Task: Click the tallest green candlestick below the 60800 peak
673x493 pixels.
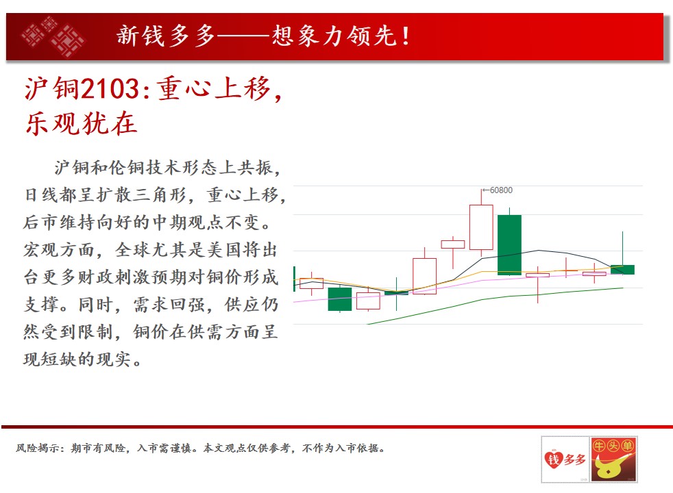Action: pyautogui.click(x=509, y=244)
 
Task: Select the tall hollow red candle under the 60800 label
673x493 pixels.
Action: pyautogui.click(x=481, y=227)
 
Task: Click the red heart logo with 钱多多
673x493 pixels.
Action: pyautogui.click(x=565, y=459)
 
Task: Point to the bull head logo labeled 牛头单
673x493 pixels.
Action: pyautogui.click(x=613, y=459)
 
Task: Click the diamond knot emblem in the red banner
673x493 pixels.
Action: pyautogui.click(x=53, y=36)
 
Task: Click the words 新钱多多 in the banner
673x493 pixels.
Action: pyautogui.click(x=166, y=36)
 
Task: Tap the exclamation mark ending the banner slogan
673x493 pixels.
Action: pyautogui.click(x=405, y=36)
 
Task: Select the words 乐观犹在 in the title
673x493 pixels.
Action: pyautogui.click(x=81, y=124)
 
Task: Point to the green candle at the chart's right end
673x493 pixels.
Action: pyautogui.click(x=622, y=269)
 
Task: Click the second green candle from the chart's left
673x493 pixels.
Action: pyautogui.click(x=340, y=299)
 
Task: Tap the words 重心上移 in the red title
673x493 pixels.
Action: pyautogui.click(x=215, y=89)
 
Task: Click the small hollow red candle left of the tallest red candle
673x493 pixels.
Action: pyautogui.click(x=453, y=244)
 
